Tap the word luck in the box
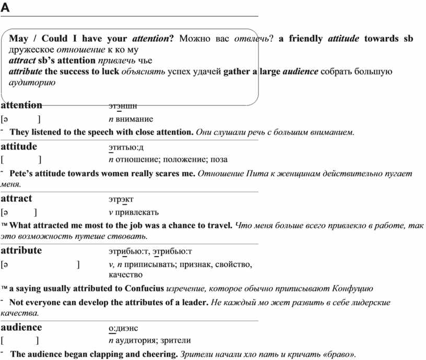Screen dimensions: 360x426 110,72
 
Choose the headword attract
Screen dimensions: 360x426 16,199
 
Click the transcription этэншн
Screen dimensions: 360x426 123,106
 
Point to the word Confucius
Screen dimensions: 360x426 144,288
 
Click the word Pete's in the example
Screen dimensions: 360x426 21,173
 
